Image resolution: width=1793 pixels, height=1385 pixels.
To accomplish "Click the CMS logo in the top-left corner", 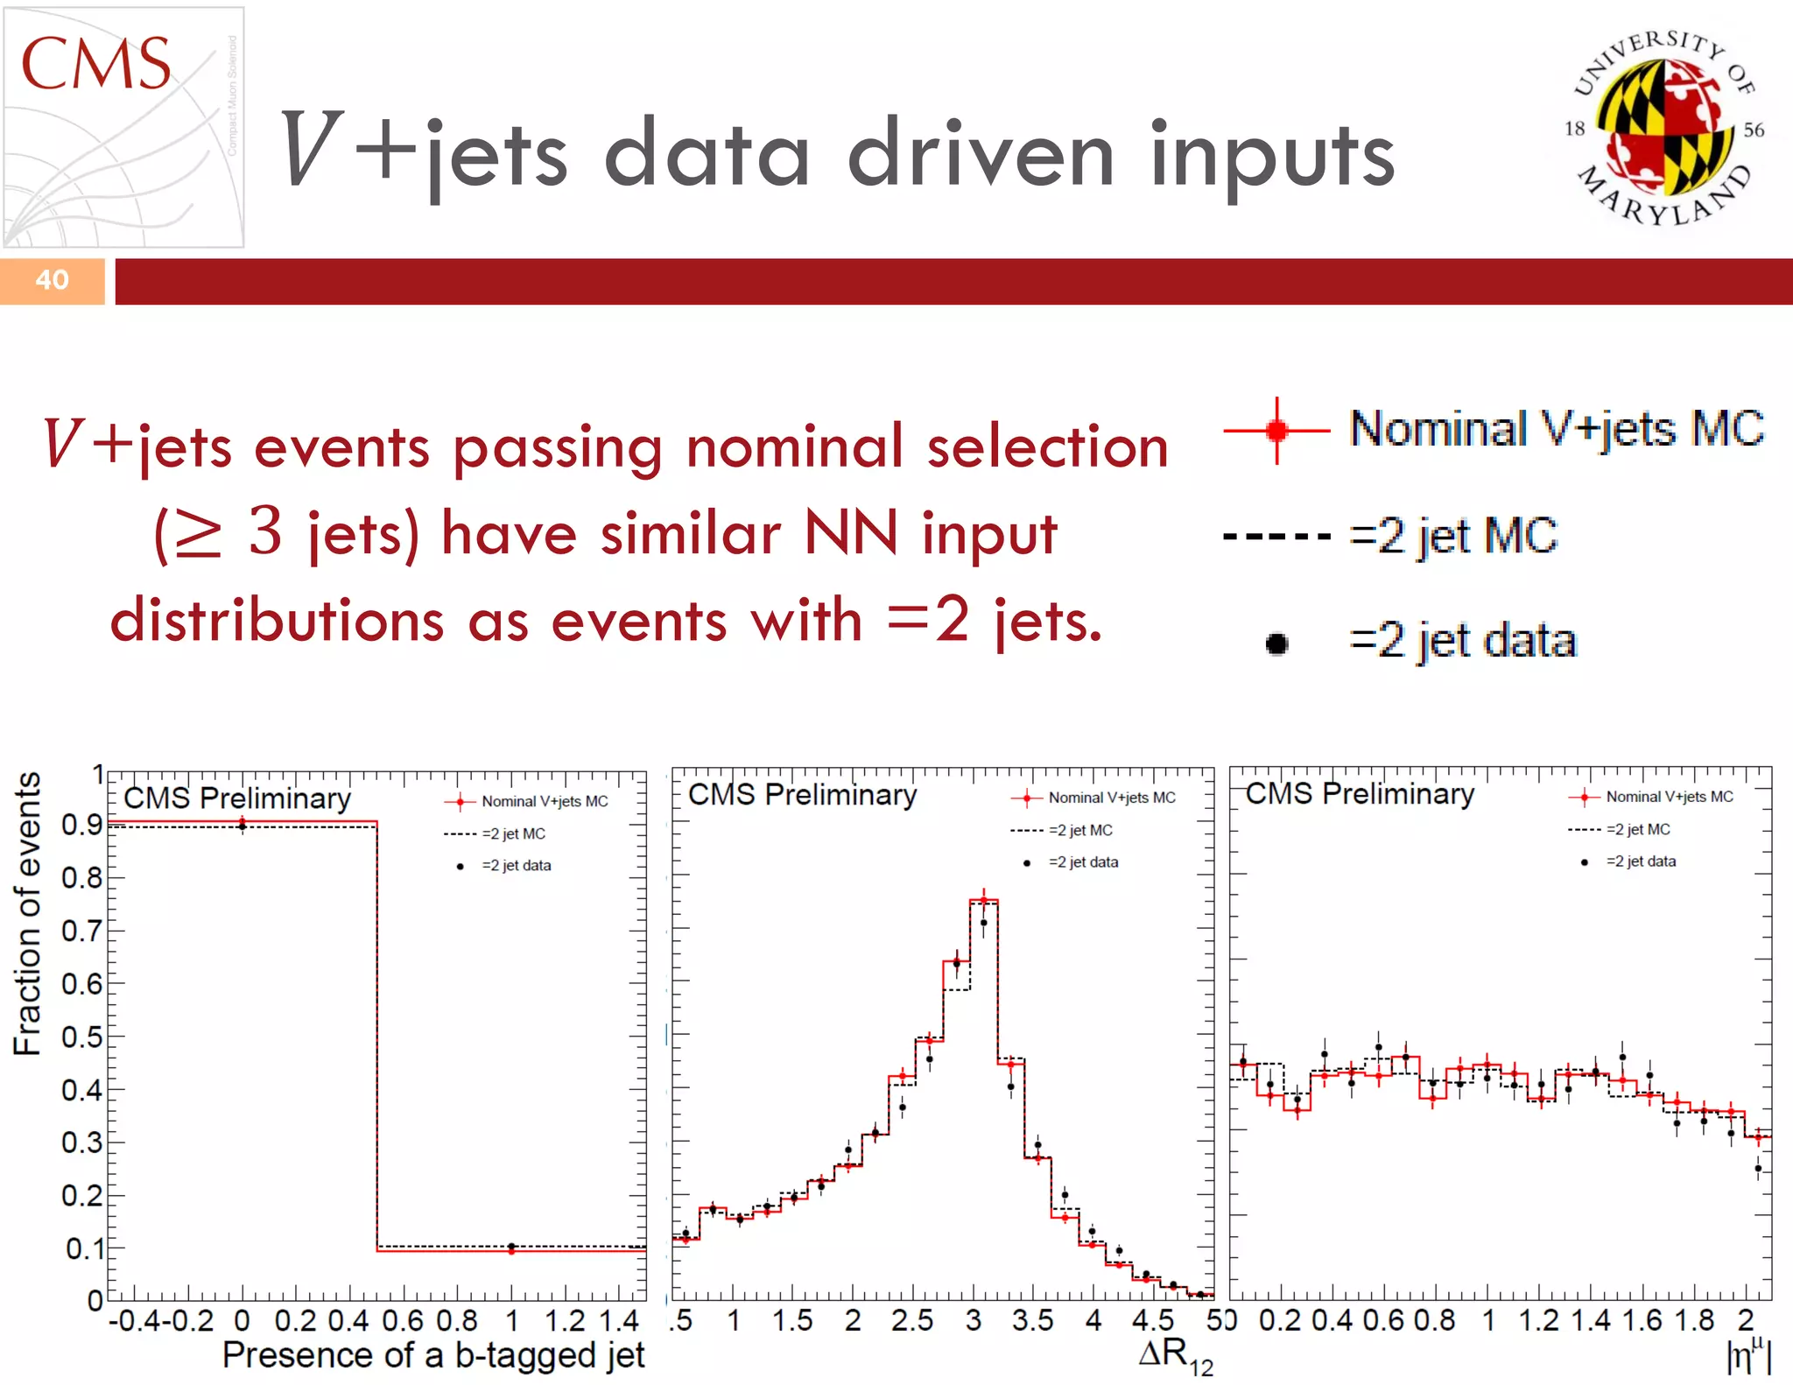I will (123, 127).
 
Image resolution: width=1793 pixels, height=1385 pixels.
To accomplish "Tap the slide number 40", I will (52, 280).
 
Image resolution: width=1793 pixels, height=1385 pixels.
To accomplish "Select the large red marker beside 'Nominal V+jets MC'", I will (1276, 430).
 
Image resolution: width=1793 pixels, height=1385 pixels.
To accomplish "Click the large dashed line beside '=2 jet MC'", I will (1276, 536).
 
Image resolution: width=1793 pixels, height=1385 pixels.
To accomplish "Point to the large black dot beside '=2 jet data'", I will (1276, 643).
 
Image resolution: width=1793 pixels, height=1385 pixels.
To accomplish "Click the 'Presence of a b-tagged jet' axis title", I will (433, 1354).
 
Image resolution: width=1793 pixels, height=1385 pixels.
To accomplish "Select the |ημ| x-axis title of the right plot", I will (1747, 1356).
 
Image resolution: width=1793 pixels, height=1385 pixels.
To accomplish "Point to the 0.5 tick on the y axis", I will (81, 1037).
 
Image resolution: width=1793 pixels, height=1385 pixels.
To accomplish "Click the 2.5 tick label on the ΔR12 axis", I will (912, 1320).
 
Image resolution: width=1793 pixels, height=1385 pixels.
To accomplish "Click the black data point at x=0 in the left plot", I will (243, 826).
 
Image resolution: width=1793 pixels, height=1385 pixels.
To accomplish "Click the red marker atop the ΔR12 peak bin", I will (983, 900).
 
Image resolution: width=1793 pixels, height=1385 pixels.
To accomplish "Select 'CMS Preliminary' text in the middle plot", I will (802, 794).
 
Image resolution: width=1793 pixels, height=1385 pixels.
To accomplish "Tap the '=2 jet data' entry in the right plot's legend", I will (1640, 861).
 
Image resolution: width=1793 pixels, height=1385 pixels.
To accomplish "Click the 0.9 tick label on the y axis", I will (81, 825).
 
